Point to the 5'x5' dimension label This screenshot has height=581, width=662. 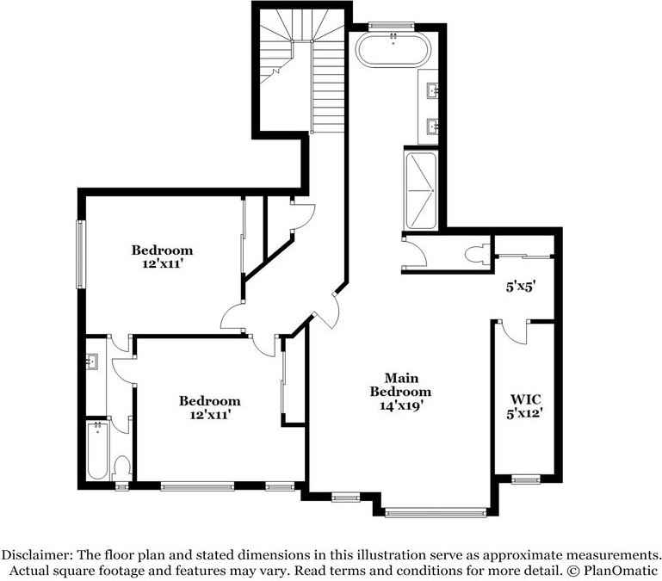tap(521, 287)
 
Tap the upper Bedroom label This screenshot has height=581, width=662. tap(162, 250)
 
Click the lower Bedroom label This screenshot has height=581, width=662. tap(209, 401)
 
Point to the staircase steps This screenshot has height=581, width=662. tap(328, 86)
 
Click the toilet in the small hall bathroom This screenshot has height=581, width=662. tap(121, 467)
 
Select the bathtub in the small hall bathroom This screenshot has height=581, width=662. tap(96, 452)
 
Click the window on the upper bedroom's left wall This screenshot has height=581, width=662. tap(80, 255)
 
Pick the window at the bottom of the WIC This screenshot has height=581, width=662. tap(524, 479)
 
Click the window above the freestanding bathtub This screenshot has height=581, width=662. tap(392, 26)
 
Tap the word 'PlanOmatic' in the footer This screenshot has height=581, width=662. tap(617, 571)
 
